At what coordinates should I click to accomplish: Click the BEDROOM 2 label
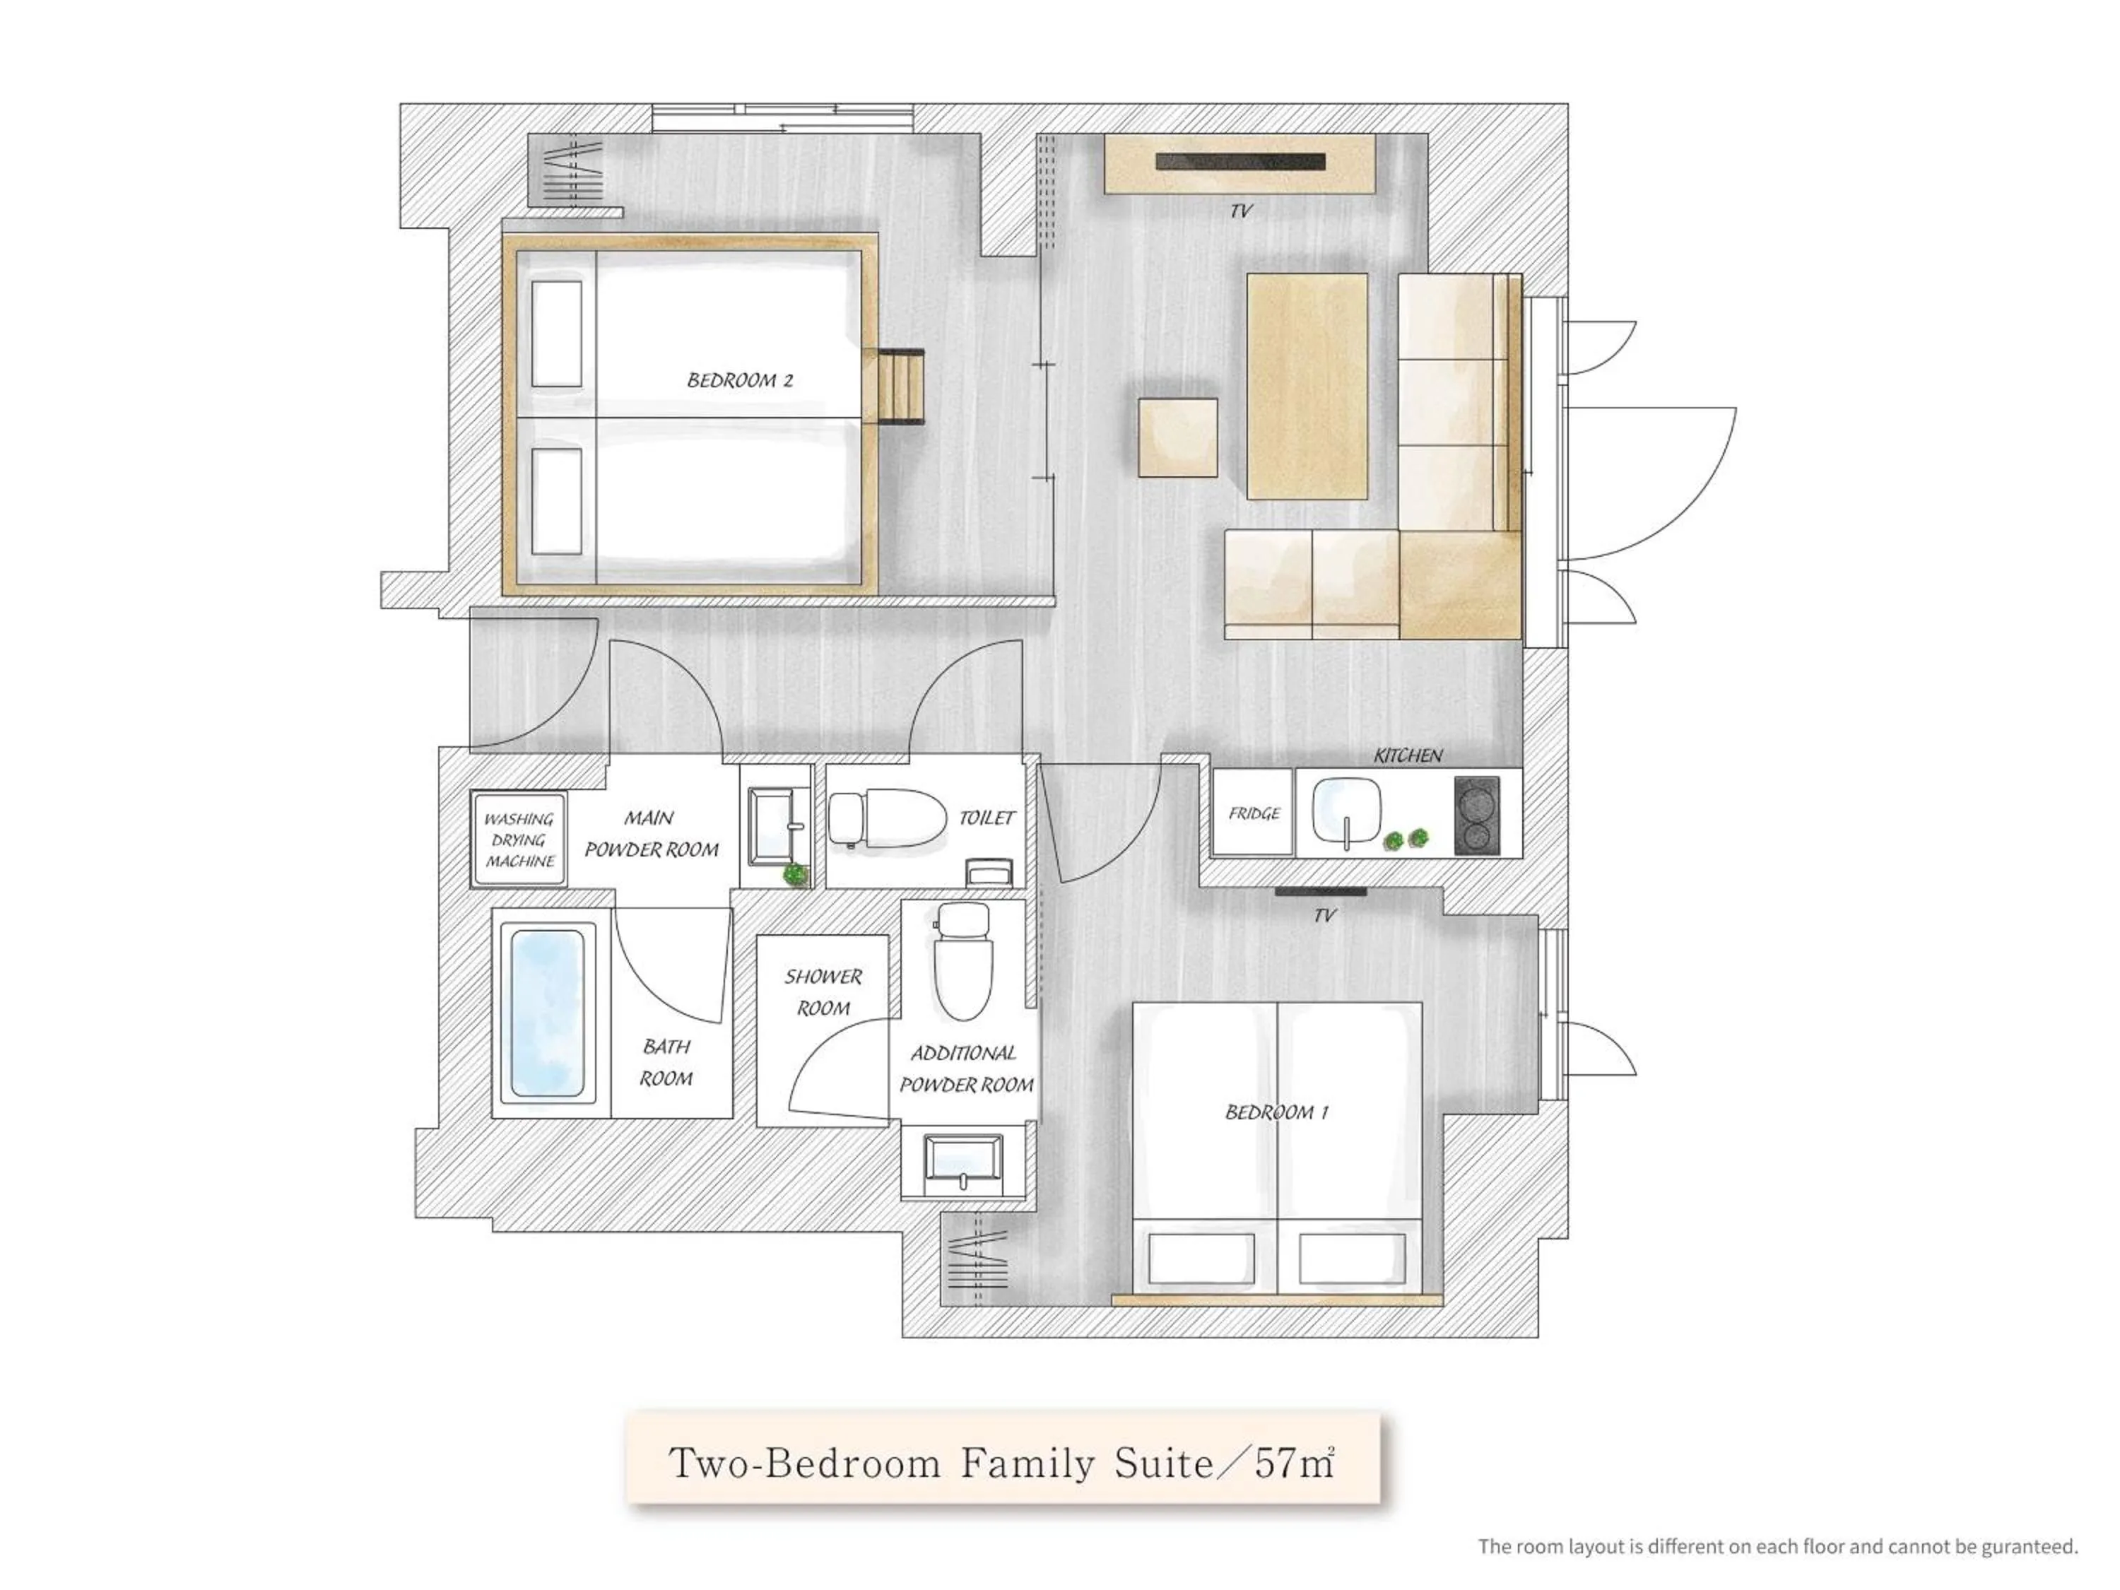click(x=739, y=380)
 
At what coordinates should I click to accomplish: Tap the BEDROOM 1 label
click(x=1276, y=1112)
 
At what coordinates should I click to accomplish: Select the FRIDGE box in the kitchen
click(x=1253, y=813)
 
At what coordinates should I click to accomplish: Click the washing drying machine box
click(x=519, y=840)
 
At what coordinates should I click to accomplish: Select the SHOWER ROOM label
click(x=823, y=992)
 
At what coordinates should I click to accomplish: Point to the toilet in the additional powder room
click(x=962, y=964)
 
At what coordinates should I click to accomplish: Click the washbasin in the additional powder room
click(x=962, y=1162)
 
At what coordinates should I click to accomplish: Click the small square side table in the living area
click(x=1178, y=437)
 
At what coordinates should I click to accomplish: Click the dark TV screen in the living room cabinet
click(x=1239, y=162)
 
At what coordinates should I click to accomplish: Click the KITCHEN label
click(x=1407, y=755)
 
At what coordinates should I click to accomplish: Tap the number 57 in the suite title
click(x=1275, y=1464)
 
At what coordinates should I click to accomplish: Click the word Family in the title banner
click(x=1027, y=1464)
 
